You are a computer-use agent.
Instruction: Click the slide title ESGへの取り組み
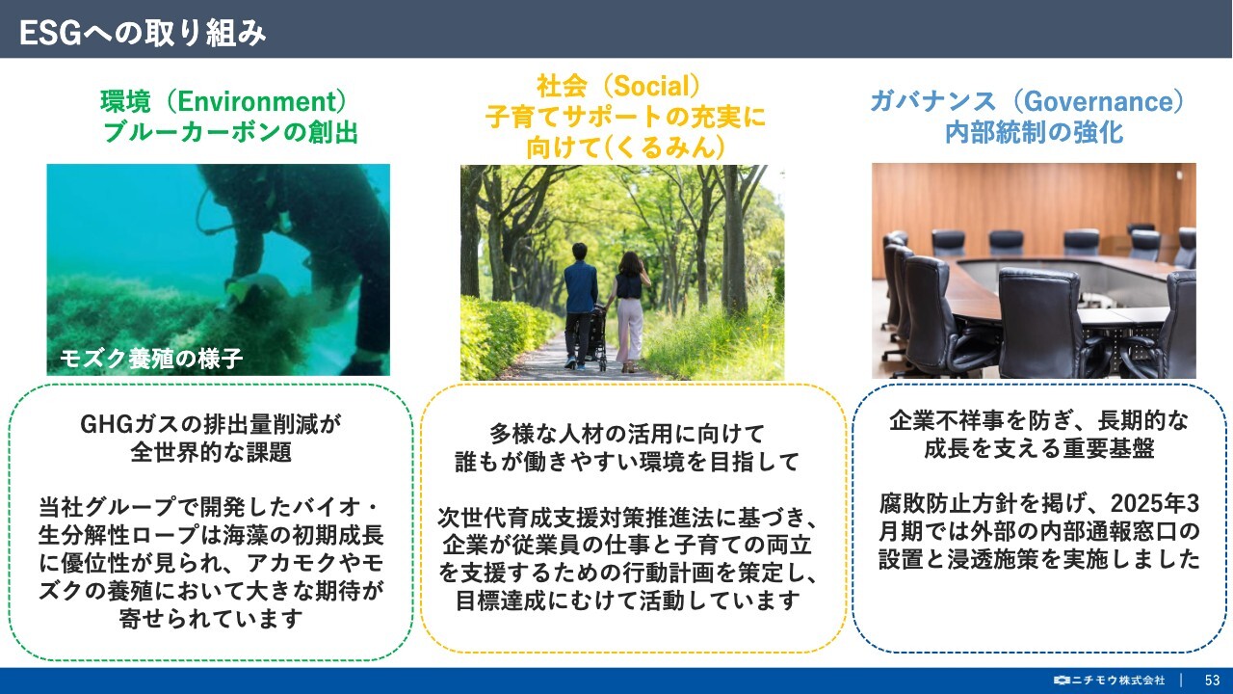pos(143,33)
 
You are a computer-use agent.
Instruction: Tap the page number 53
pos(1212,681)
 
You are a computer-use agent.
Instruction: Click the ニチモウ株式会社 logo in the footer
pos(1110,681)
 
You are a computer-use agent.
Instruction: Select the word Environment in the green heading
pos(256,101)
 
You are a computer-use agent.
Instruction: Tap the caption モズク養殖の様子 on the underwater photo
pos(151,359)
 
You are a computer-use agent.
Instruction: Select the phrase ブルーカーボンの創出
pos(230,133)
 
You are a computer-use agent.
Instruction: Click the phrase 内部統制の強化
pos(1035,133)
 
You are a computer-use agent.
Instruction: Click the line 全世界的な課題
pos(211,452)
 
